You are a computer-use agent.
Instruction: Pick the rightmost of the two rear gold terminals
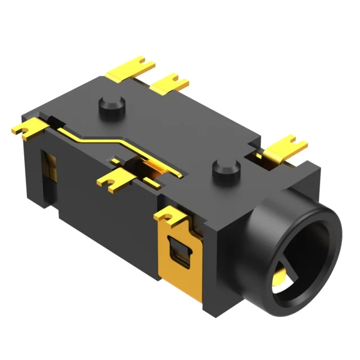[170, 83]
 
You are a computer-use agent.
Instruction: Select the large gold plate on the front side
[179, 253]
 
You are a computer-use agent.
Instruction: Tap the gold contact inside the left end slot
[51, 169]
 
